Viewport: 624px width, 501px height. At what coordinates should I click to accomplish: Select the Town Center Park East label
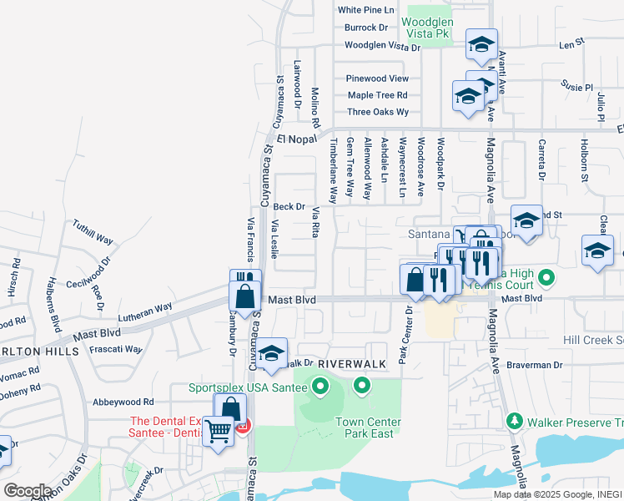click(368, 428)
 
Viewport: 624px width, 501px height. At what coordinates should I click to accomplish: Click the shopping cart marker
click(219, 432)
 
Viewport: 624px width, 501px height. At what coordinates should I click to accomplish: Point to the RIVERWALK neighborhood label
click(351, 365)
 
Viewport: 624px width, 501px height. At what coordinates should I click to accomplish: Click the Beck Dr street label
click(289, 207)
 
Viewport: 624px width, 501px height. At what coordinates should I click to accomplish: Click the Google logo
click(28, 490)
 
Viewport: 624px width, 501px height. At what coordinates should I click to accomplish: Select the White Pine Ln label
click(365, 10)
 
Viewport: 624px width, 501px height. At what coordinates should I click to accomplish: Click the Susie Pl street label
click(576, 86)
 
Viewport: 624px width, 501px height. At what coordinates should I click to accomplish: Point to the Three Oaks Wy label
click(378, 112)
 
